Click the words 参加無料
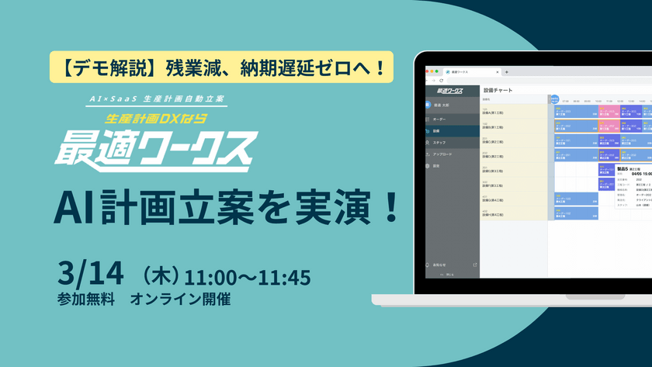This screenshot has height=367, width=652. click(x=85, y=299)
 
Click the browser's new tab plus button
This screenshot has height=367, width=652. click(x=507, y=71)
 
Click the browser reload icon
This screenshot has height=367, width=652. click(x=442, y=81)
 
